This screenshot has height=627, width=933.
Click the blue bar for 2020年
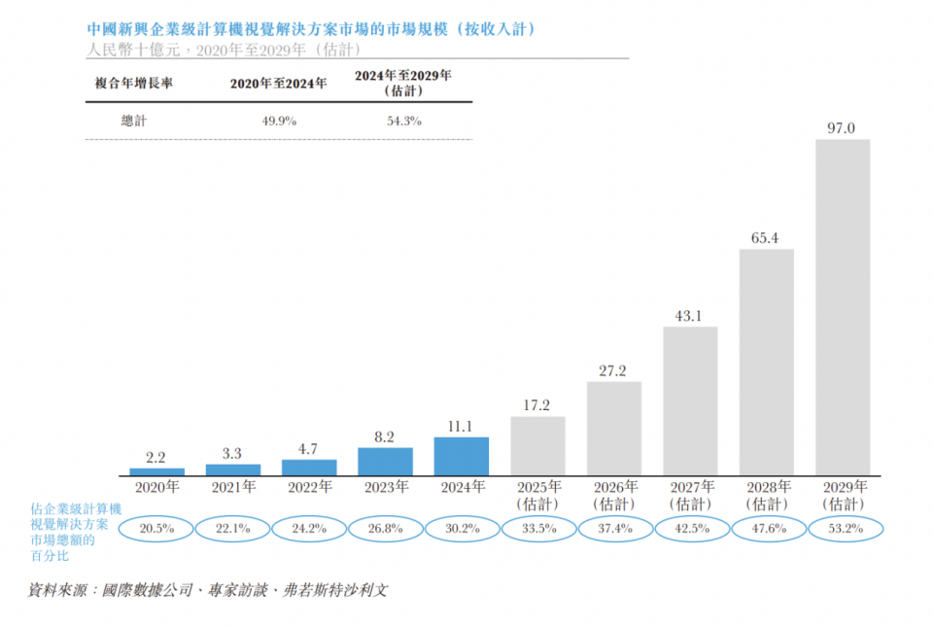click(156, 471)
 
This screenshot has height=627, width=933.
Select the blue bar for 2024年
click(462, 456)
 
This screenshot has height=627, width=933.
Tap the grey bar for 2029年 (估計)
click(843, 307)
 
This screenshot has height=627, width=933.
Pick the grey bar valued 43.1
click(690, 401)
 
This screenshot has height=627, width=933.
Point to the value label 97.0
click(842, 127)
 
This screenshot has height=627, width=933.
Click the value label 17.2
click(537, 403)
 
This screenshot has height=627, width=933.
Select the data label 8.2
click(385, 435)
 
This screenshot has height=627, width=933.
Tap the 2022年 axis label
click(309, 486)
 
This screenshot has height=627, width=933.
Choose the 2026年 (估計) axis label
click(614, 495)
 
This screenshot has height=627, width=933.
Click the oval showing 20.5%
click(156, 529)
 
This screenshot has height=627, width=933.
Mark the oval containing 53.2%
click(843, 529)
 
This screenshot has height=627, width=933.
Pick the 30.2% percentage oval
click(462, 529)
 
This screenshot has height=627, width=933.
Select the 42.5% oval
click(690, 529)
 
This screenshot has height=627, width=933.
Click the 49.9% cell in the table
click(278, 121)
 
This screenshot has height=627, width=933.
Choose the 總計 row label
click(134, 121)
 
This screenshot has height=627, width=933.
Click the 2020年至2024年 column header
click(278, 84)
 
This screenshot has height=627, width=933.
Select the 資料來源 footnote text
click(207, 590)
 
